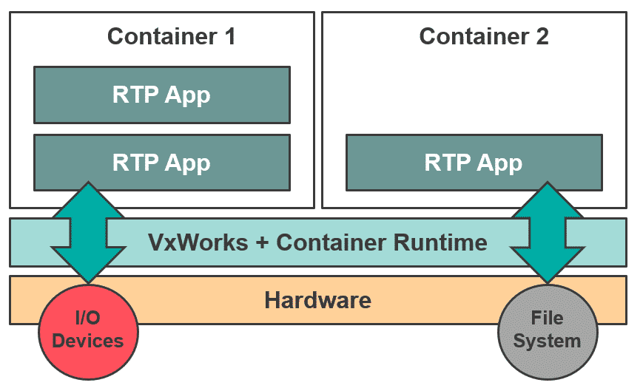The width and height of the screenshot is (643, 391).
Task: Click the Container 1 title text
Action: (x=171, y=36)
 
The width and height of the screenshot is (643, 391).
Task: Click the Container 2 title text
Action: (x=484, y=36)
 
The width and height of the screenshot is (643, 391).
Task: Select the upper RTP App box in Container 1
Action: (x=161, y=95)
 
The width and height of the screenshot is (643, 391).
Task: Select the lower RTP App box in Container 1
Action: (x=161, y=162)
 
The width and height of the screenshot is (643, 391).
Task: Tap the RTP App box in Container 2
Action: (x=474, y=162)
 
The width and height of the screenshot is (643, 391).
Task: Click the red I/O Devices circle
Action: (x=88, y=330)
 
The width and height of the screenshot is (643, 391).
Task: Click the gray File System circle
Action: (x=547, y=330)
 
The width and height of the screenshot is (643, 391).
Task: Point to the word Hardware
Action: (x=317, y=301)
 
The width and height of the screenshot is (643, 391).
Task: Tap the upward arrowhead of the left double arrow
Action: (x=88, y=198)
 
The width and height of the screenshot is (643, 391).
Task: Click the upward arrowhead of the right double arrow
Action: (x=547, y=198)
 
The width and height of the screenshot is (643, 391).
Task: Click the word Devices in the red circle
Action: (x=88, y=341)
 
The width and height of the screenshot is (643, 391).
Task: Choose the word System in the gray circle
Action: (x=547, y=341)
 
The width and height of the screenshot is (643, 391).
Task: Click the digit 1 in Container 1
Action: (x=229, y=36)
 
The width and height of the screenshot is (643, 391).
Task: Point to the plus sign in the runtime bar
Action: (x=263, y=242)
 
